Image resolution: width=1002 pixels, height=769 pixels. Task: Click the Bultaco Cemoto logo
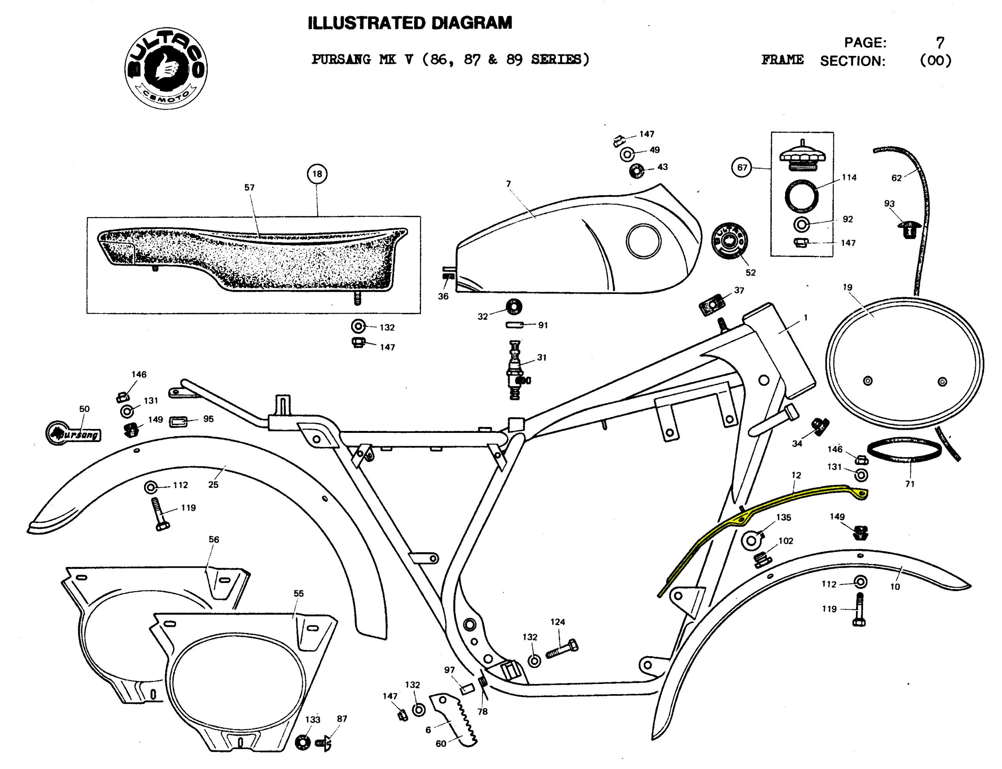tap(166, 68)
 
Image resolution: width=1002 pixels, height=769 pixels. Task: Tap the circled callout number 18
tap(317, 174)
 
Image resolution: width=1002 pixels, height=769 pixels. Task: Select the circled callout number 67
tap(742, 168)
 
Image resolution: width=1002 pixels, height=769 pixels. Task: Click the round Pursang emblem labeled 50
tap(73, 432)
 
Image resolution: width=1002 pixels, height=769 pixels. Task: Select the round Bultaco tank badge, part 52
tap(730, 241)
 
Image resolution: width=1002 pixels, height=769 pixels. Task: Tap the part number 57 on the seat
tap(249, 188)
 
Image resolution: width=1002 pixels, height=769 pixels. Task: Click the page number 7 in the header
tap(939, 43)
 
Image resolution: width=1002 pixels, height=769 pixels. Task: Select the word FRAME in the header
tap(782, 60)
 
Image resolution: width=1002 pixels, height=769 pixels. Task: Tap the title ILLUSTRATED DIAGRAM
tap(410, 23)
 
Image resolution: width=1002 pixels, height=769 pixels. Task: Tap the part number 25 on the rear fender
tap(213, 484)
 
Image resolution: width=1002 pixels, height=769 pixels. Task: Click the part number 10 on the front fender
tap(895, 586)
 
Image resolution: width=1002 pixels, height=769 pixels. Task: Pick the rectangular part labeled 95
tap(179, 421)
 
